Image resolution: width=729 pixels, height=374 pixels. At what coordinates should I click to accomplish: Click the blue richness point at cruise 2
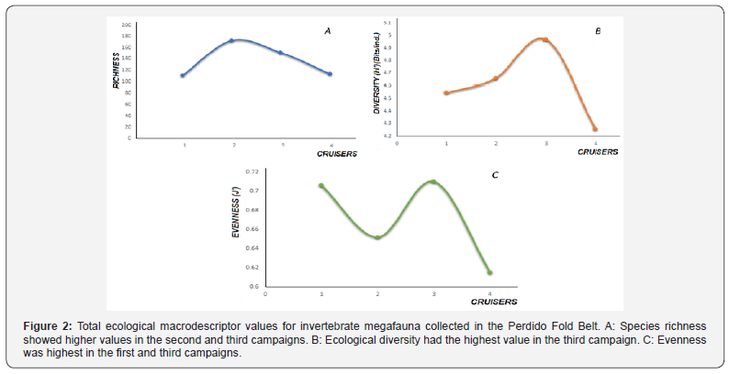(232, 40)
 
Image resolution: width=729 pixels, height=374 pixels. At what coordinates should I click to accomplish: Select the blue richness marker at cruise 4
(331, 74)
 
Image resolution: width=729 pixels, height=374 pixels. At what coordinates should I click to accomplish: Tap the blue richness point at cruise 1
(183, 76)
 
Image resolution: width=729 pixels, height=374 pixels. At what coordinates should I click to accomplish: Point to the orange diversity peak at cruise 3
(545, 39)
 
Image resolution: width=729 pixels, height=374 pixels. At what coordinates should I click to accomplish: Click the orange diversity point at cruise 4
(595, 129)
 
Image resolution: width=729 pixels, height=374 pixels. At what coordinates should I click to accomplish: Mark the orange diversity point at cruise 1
(446, 93)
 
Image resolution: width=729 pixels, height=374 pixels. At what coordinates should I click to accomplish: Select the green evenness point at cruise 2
(377, 237)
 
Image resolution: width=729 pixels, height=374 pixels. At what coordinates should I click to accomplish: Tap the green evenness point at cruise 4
(489, 272)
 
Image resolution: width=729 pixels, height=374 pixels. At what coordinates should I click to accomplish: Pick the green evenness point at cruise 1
(321, 185)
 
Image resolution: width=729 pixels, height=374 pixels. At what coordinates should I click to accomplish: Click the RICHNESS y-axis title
(118, 71)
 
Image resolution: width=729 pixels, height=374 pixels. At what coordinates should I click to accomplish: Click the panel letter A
(328, 31)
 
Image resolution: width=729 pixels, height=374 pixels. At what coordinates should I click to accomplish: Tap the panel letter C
(496, 174)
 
